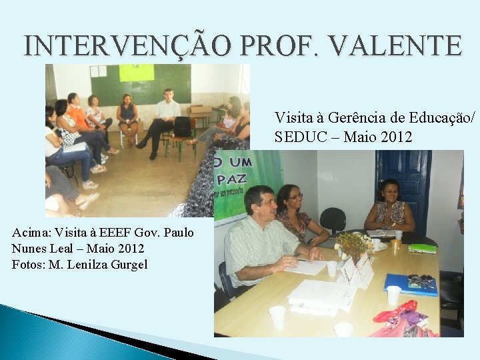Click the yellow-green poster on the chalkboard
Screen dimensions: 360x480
pos(136,73)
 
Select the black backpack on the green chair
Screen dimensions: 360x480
pos(182,126)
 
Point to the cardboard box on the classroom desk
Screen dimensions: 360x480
pos(199,110)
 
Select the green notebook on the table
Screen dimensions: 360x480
pos(422,248)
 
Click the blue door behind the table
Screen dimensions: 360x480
pos(403,180)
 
